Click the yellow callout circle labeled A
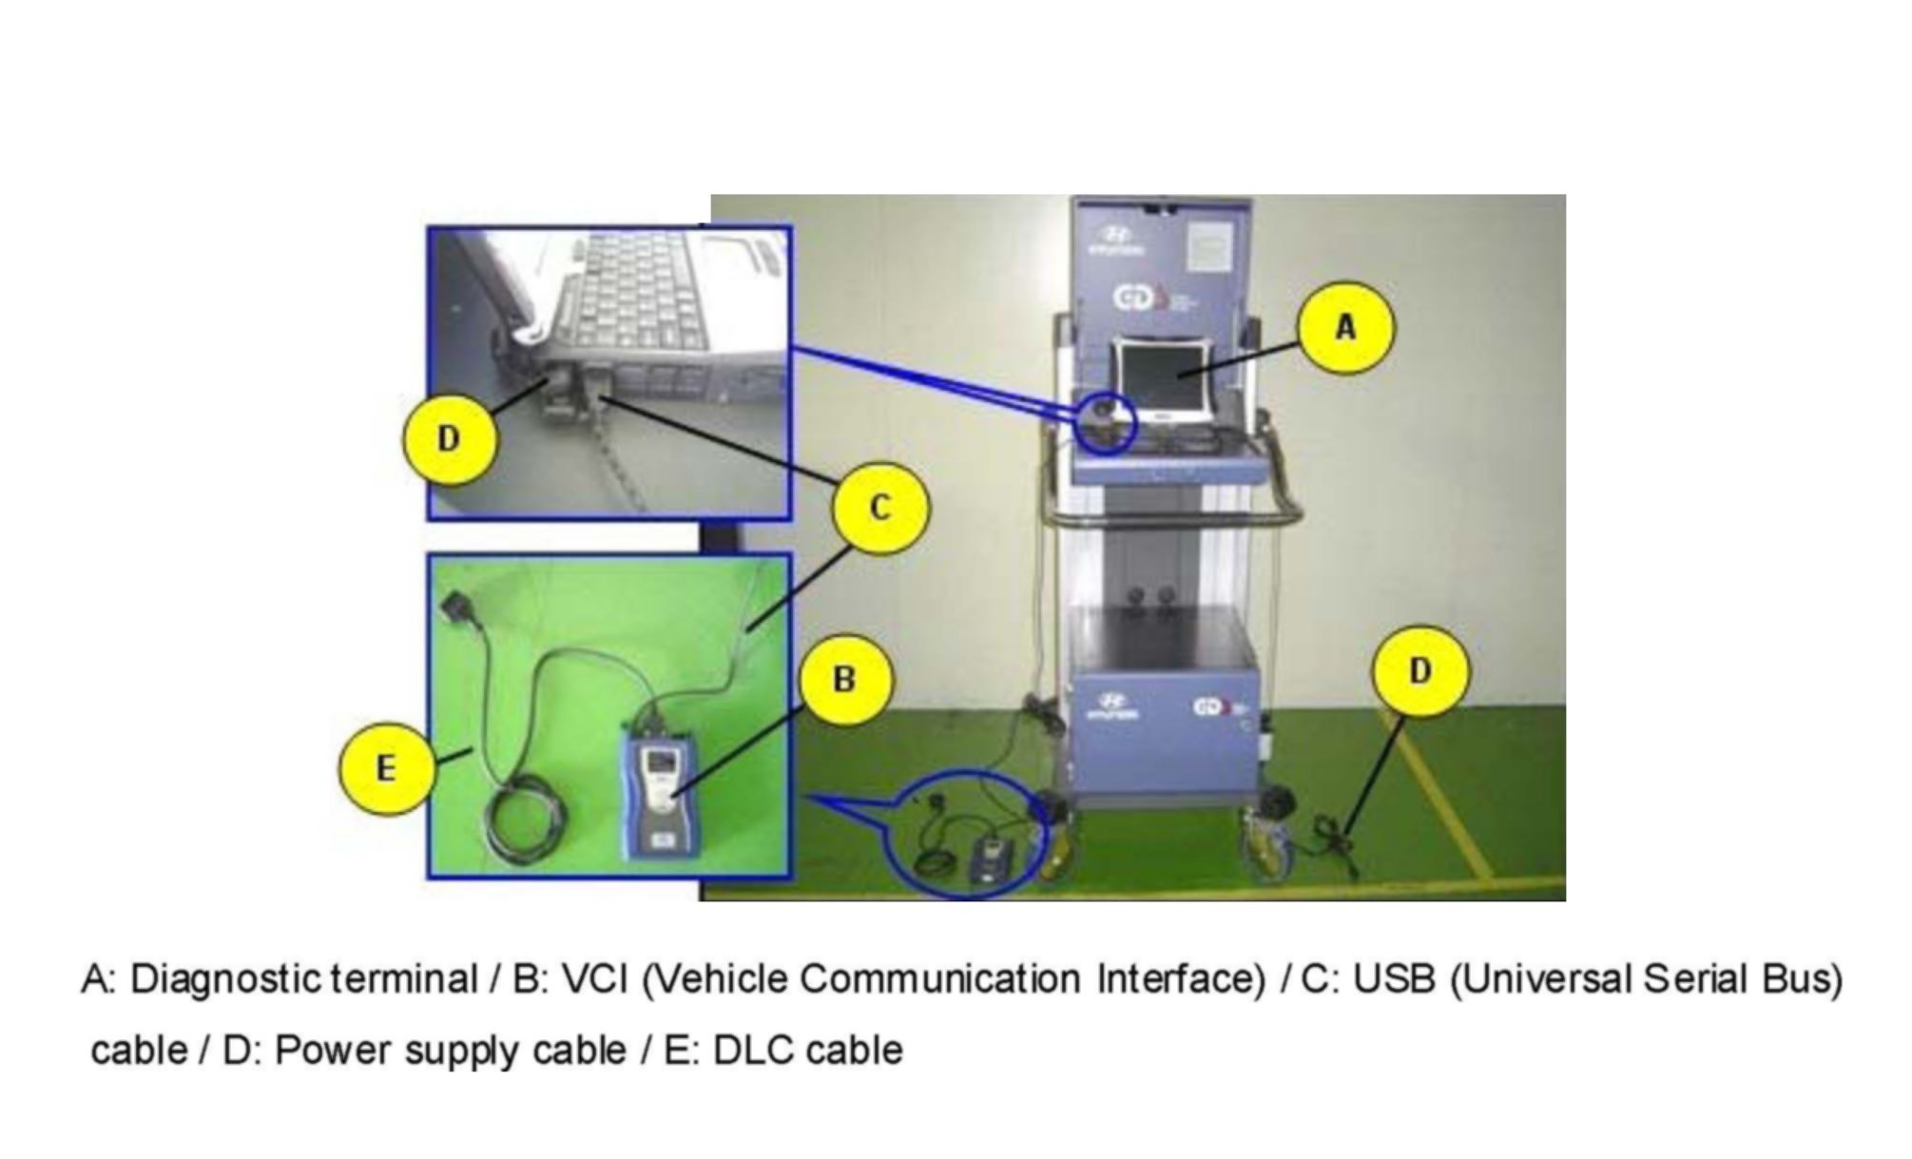[x=1345, y=327]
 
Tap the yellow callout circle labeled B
[x=844, y=680]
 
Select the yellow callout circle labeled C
[x=879, y=508]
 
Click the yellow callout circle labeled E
[x=385, y=768]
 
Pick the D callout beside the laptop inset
[x=449, y=439]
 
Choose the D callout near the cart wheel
[x=1420, y=671]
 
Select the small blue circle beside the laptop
[x=1108, y=423]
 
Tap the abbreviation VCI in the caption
[x=595, y=978]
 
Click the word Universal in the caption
[x=1541, y=978]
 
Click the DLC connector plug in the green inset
[x=460, y=606]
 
